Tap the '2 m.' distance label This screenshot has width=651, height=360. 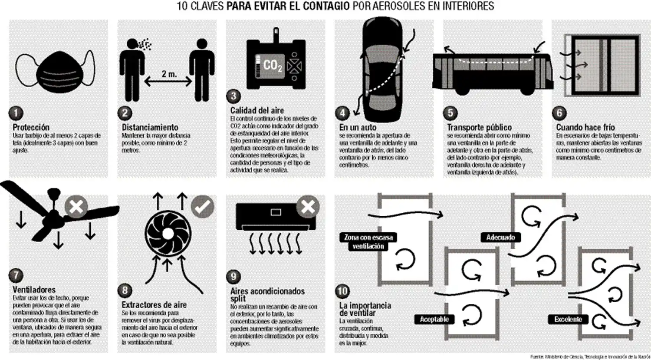(x=169, y=74)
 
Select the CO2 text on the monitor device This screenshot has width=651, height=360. (x=272, y=65)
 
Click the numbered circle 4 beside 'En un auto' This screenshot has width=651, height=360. (x=342, y=113)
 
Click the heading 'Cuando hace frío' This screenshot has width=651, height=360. (x=585, y=127)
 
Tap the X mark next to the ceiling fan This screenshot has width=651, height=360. (x=76, y=206)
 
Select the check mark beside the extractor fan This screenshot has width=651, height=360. (x=203, y=206)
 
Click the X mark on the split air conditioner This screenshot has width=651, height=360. (x=308, y=206)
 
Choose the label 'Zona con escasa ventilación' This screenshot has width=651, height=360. (x=368, y=242)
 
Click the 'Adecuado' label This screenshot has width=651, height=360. (x=500, y=238)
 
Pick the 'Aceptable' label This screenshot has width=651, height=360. (x=434, y=319)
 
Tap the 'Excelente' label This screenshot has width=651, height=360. (x=568, y=319)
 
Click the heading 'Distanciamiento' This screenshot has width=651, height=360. (x=150, y=127)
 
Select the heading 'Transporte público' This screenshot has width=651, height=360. (x=479, y=127)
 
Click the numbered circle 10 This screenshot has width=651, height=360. (x=342, y=291)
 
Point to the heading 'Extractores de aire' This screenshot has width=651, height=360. (x=154, y=305)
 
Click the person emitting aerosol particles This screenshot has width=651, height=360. (x=132, y=69)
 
